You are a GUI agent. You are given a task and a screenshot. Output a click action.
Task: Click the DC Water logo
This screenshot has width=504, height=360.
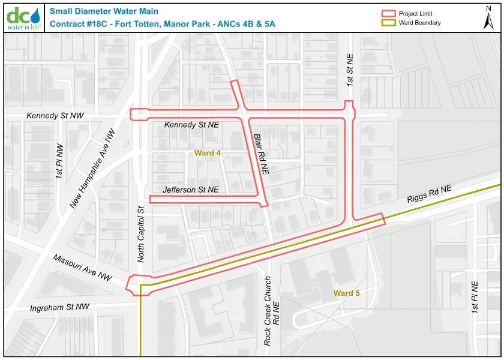coord(24,18)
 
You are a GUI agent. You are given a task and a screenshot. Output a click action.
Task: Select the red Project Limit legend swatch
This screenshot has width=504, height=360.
coord(389,14)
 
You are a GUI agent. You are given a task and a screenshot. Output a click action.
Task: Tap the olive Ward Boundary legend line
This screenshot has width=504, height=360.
coord(389,23)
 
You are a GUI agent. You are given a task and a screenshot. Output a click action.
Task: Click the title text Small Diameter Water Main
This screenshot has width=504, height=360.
coord(104,11)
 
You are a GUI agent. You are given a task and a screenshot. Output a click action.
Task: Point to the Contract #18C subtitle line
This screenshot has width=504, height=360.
coord(163,24)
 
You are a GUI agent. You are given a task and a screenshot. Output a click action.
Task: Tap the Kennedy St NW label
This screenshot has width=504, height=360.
coord(55,115)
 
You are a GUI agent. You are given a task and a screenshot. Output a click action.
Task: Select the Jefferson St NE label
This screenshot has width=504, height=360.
coord(191,190)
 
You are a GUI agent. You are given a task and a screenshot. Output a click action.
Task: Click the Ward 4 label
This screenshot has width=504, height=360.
coord(208,153)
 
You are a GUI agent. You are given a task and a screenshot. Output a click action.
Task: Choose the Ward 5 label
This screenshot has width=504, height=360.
coord(347,293)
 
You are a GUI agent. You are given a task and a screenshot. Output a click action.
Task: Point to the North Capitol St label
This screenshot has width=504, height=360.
coord(142,234)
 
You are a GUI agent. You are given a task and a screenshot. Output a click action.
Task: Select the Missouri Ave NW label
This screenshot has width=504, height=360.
coord(82,268)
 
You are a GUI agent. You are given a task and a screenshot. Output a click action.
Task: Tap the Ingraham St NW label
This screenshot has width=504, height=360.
coord(60,307)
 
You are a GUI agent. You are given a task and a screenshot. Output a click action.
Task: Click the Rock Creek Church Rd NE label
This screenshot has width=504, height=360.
coord(272,310)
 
